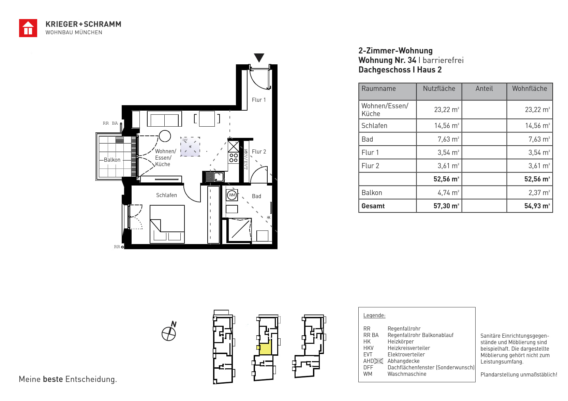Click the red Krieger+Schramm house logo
coord(28,28)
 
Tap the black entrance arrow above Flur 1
coord(259,58)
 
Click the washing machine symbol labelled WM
coord(232,195)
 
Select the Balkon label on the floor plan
coord(112,160)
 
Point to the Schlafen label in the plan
coord(166,195)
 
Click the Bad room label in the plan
coord(256,196)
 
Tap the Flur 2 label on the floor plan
coord(259,151)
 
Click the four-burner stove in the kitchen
coord(234,158)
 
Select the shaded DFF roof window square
coord(190,147)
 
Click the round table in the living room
coord(165,136)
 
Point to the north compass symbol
coord(169,332)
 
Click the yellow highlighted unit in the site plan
coord(265,348)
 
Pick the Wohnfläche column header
coord(529,89)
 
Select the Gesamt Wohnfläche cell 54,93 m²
coord(537,206)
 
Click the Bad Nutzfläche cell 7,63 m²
coord(448,139)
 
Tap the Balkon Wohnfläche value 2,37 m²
coord(539,193)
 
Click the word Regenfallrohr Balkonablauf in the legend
coord(420,335)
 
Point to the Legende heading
coord(374,316)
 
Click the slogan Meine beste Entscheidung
coord(68,379)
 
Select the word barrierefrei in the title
coord(443,60)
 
